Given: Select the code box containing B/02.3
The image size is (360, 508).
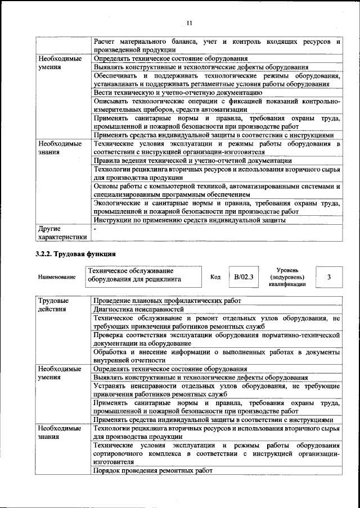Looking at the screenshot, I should [x=245, y=277].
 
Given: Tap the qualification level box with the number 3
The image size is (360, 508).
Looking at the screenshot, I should [x=329, y=277].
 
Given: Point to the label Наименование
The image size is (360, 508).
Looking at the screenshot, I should [x=57, y=278].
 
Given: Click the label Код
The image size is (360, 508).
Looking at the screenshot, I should [x=215, y=277].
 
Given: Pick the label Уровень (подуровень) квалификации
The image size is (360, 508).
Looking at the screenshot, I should [x=287, y=277].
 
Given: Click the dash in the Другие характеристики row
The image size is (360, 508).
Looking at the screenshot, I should [x=96, y=229].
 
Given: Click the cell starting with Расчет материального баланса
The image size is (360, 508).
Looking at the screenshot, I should [x=217, y=46].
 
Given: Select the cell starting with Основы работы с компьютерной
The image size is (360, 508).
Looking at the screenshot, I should [x=217, y=190].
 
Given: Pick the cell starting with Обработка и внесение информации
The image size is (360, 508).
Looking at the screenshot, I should [x=217, y=356].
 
